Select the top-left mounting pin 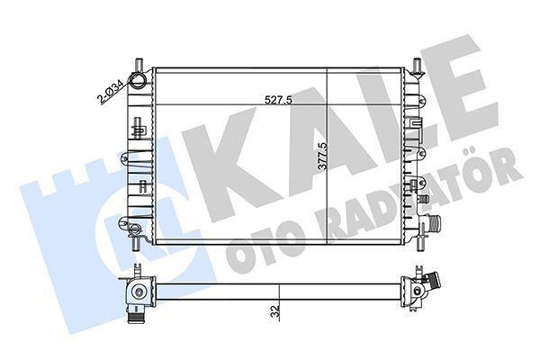138,63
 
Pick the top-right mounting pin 418,64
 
